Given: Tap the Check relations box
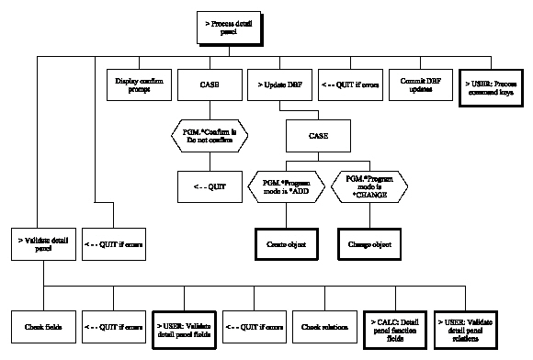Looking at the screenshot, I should click(326, 325).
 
